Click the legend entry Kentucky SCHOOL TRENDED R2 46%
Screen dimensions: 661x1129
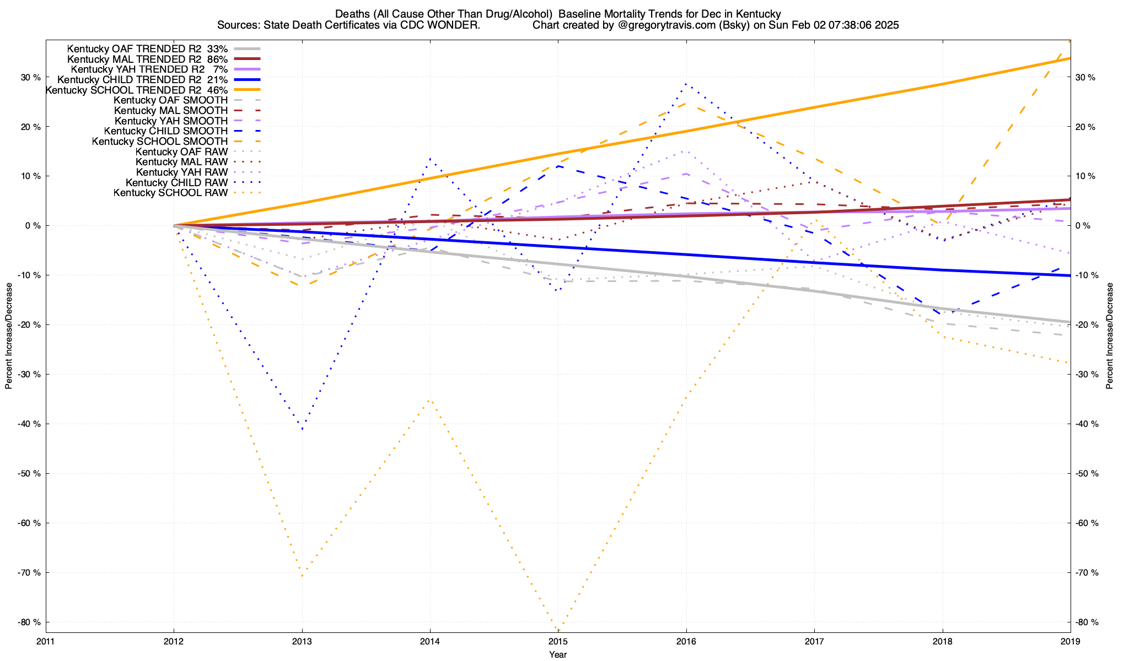point(137,90)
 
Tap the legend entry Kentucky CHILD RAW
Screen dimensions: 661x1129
point(176,182)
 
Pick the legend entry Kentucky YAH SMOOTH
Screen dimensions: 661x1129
point(171,121)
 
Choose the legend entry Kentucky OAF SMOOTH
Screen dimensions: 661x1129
point(170,100)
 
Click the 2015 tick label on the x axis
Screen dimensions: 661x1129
point(558,641)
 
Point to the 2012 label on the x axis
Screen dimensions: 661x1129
point(174,641)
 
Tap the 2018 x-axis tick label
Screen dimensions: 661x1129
point(942,641)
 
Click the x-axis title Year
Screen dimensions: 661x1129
point(558,654)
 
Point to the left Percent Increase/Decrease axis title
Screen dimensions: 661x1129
point(9,336)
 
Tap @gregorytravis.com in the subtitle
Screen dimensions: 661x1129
point(662,25)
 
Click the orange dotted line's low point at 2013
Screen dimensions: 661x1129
point(302,576)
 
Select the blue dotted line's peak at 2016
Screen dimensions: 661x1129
point(686,84)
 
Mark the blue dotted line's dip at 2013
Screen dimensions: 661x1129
point(302,429)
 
